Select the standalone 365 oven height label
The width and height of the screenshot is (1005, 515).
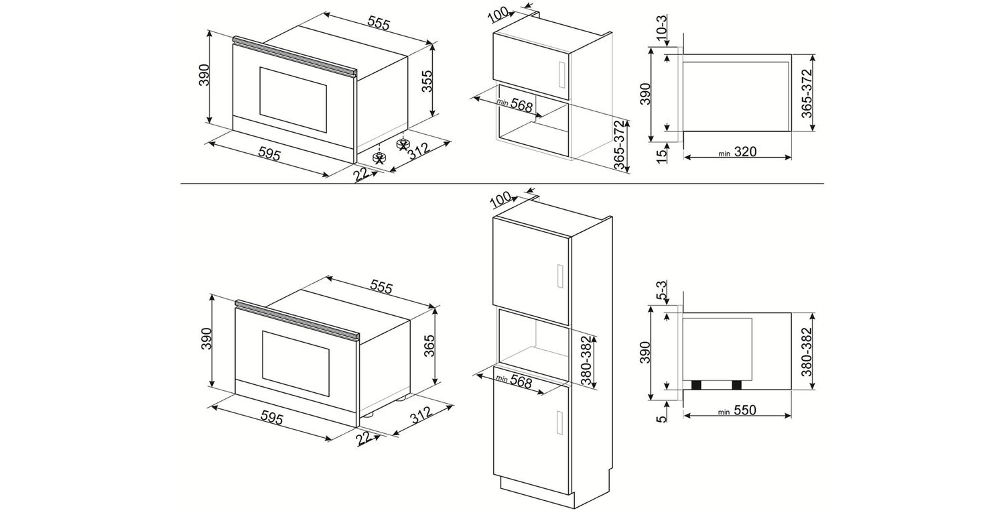(x=429, y=346)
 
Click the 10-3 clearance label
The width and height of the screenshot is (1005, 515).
(x=662, y=28)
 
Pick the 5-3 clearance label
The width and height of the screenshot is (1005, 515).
(x=662, y=290)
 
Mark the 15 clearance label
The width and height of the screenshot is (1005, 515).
(x=662, y=156)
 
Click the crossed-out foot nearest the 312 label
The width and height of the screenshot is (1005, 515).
(x=403, y=144)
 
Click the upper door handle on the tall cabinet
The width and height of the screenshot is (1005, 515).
(x=560, y=276)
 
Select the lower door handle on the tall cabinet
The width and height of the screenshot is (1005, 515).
(x=560, y=422)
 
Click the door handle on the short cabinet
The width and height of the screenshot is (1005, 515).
(x=560, y=74)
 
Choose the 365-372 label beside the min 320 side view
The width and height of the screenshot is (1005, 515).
(x=807, y=93)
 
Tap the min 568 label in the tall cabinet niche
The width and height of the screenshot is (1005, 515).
(x=514, y=381)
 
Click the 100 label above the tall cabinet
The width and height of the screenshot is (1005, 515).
(x=500, y=200)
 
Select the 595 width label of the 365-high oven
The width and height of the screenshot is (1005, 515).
(x=272, y=418)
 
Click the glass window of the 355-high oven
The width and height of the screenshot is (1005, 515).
(x=293, y=100)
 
